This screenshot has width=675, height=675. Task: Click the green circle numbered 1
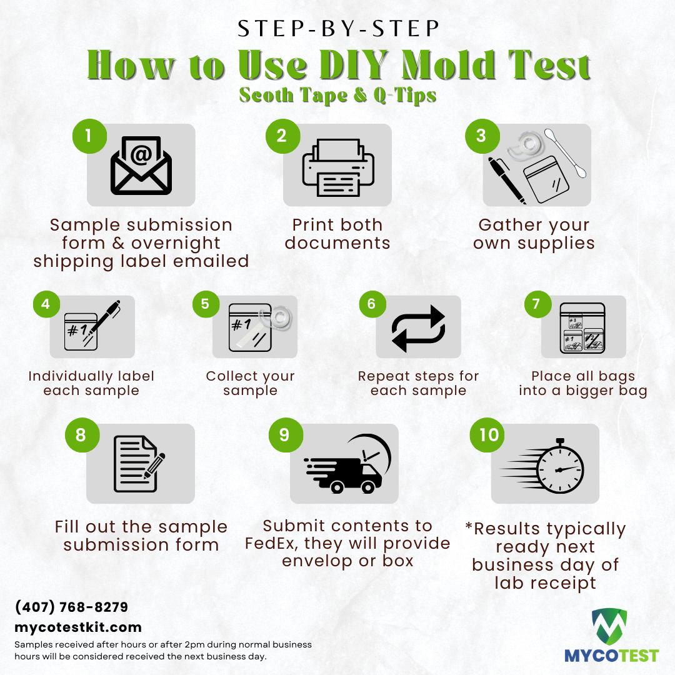coord(89,136)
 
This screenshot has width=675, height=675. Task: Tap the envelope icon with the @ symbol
coord(141,165)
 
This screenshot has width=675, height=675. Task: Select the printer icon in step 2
coord(338,167)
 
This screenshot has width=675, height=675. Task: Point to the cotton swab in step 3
coord(565,153)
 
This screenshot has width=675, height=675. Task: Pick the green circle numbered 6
coord(372,304)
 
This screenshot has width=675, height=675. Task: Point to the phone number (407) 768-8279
coord(71,607)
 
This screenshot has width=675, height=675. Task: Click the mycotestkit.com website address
coord(78,627)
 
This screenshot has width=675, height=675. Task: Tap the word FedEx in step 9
coord(270,543)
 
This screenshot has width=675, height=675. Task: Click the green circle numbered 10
coord(487,435)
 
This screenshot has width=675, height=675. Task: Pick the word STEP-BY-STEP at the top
coord(338,29)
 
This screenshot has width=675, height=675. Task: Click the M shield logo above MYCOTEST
coord(609,626)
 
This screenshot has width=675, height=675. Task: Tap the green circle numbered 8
coord(82,435)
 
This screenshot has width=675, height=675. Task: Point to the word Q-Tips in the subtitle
coord(404,96)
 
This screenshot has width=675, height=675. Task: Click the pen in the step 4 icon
coord(103,321)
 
